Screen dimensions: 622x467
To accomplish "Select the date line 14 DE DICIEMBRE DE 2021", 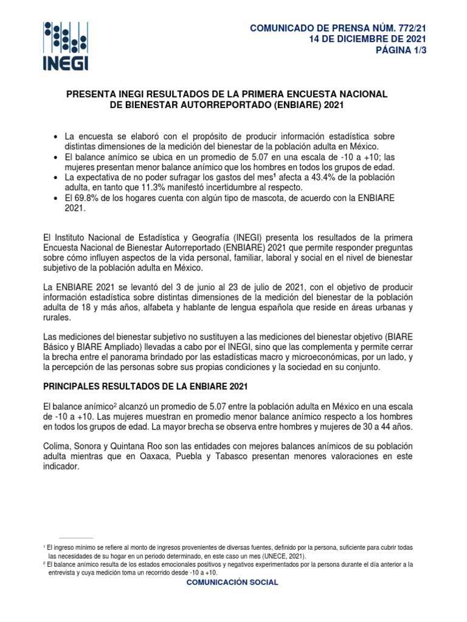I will [x=368, y=39].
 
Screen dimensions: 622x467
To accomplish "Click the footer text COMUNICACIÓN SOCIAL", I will [x=233, y=582].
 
